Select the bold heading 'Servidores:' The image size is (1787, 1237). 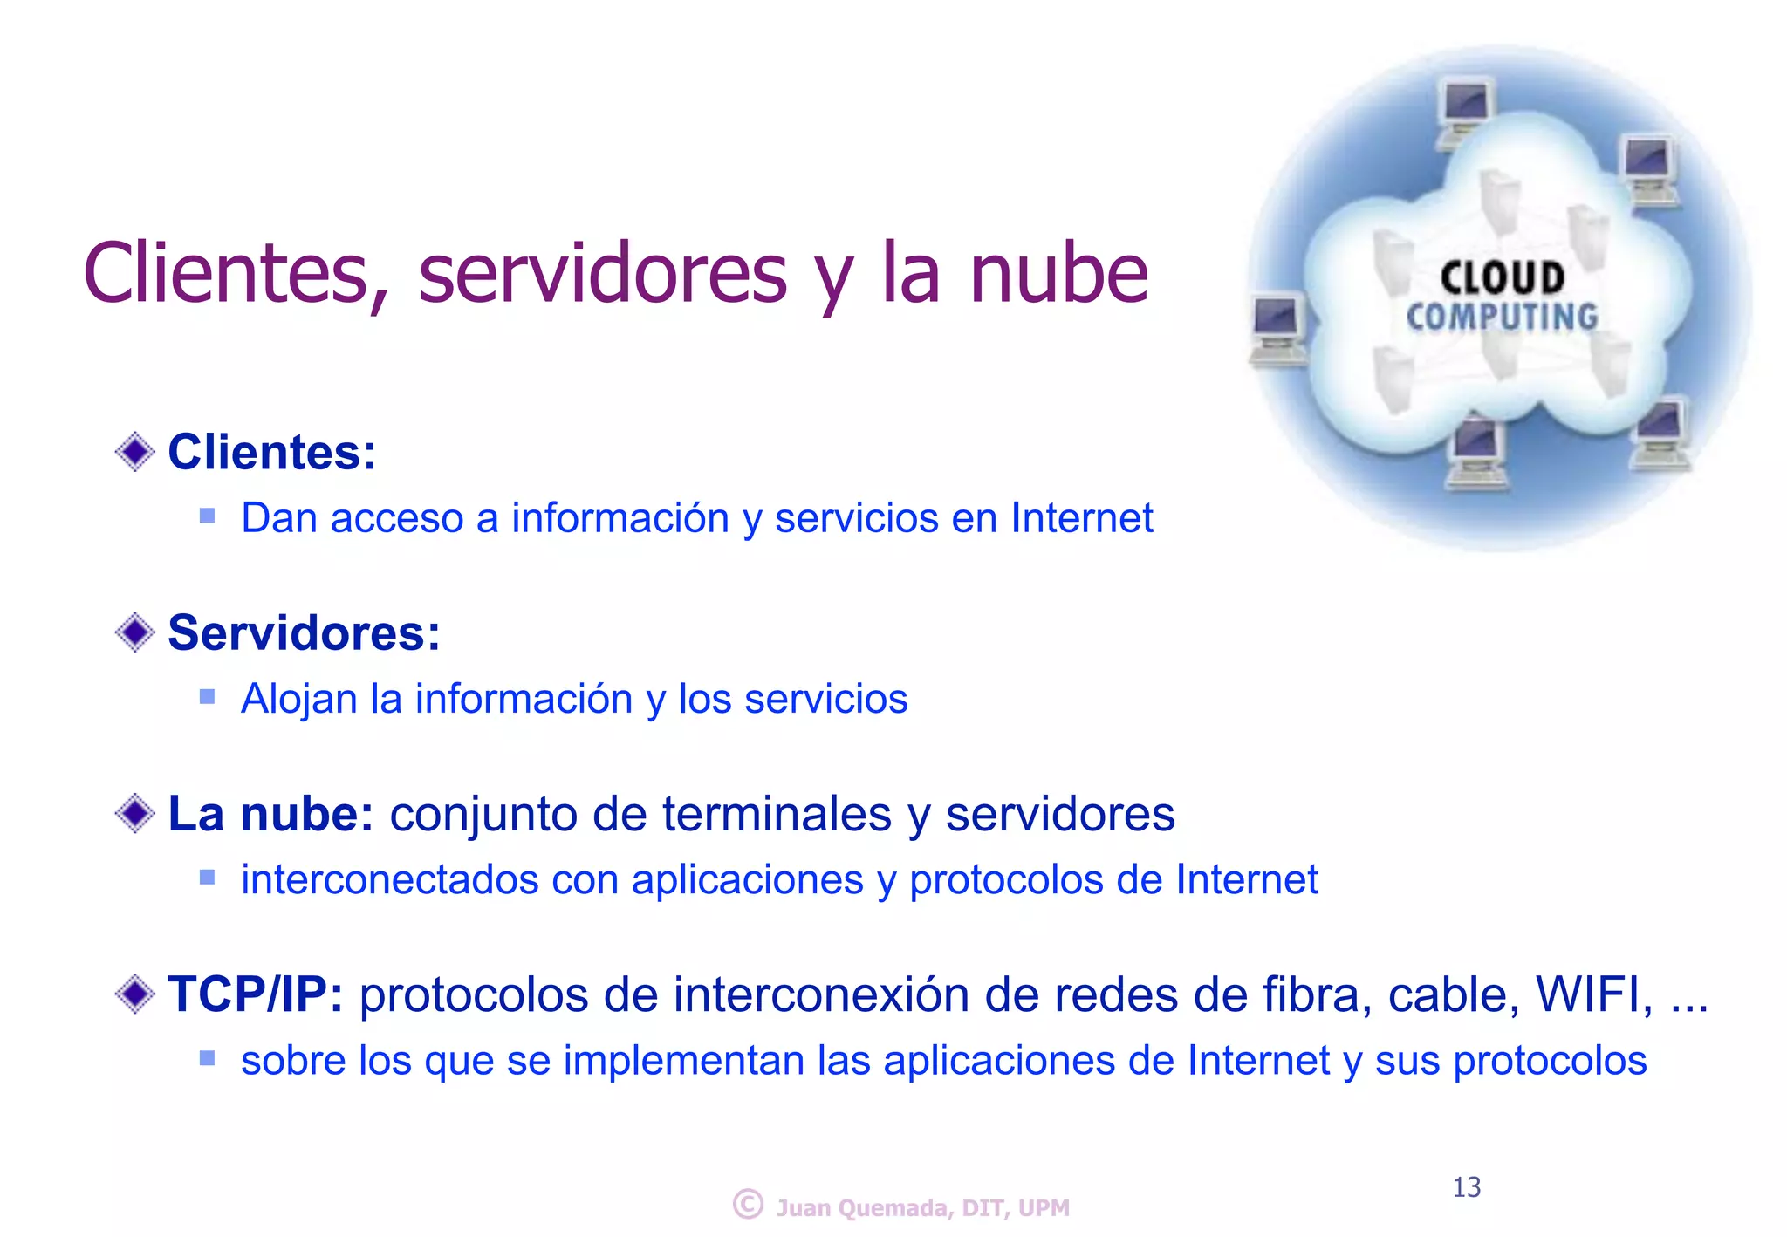coord(304,632)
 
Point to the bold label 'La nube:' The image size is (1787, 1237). coord(270,814)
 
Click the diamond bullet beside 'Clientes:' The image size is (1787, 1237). coord(135,452)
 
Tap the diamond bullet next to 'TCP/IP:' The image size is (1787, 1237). coord(135,994)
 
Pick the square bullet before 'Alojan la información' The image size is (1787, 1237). coord(207,696)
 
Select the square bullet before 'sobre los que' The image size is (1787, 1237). coord(207,1058)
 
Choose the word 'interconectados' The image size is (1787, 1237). coord(389,879)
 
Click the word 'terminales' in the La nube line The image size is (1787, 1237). coord(777,814)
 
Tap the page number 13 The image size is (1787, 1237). coord(1467,1187)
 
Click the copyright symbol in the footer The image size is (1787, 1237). coord(748,1204)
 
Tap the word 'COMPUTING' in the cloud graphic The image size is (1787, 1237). coord(1502,317)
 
